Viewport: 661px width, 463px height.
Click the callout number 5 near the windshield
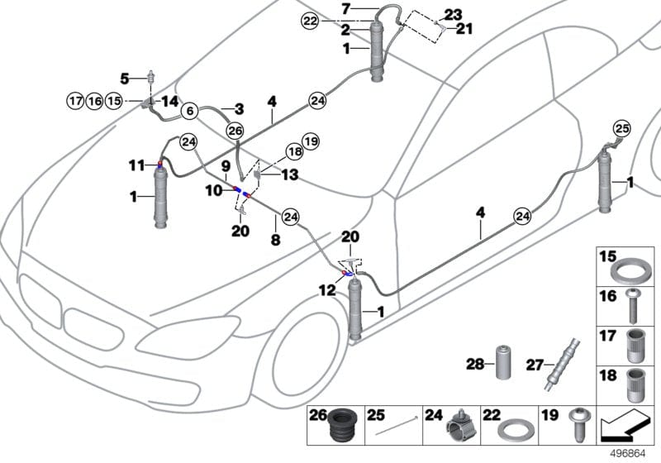pos(125,79)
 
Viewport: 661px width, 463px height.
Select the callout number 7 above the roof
pos(346,8)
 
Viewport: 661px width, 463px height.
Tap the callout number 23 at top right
pos(454,14)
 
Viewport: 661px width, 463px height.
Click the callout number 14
pos(169,101)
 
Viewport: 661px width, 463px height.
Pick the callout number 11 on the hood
pos(136,166)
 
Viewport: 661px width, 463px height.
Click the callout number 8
pos(275,239)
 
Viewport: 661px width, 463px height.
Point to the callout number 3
pos(239,108)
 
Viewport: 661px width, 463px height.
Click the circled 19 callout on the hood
pos(309,141)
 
